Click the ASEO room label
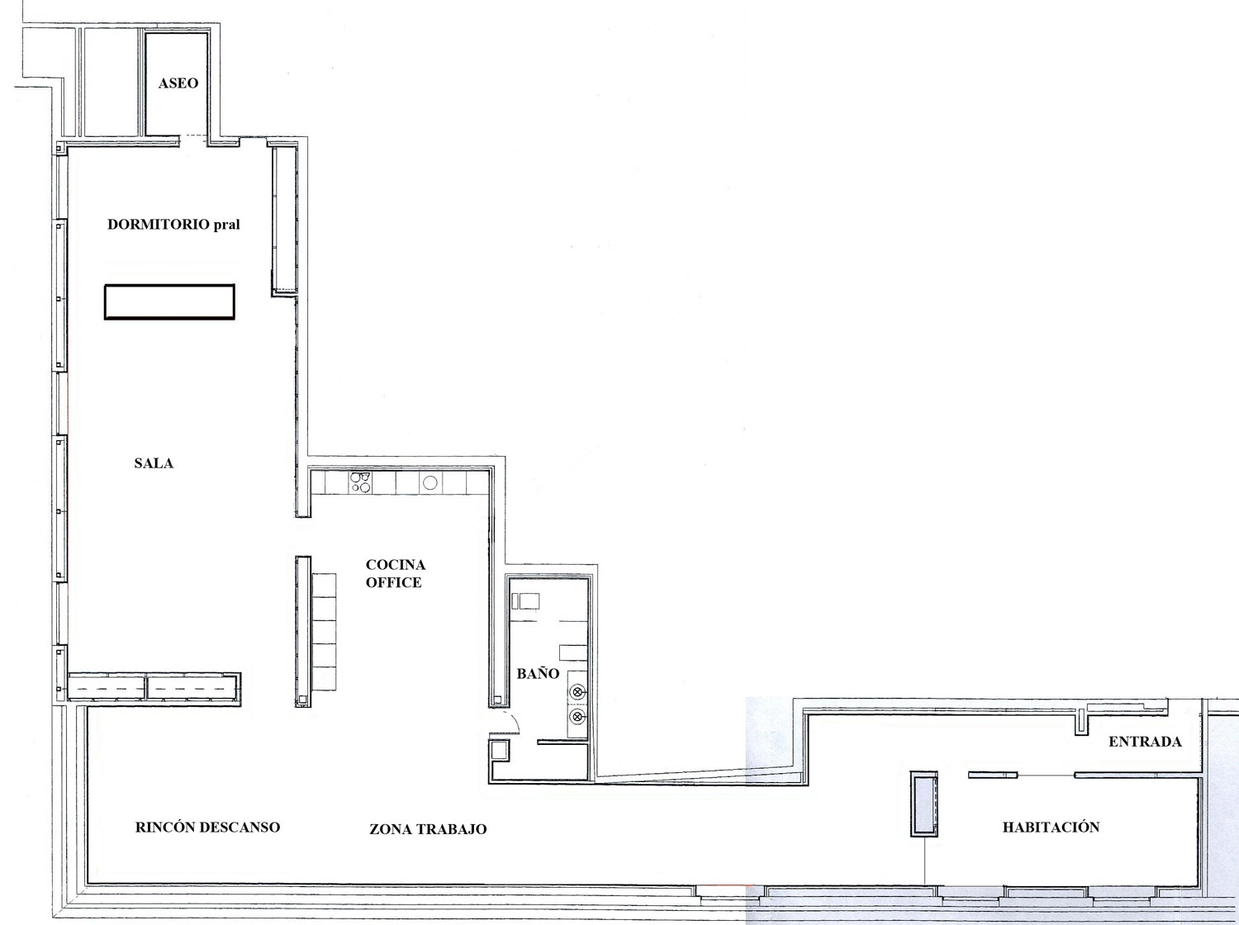click(178, 83)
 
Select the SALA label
click(154, 463)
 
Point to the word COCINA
click(396, 565)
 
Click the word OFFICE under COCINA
click(394, 582)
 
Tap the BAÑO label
click(538, 674)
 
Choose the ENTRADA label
click(1145, 742)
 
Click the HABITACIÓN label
click(1051, 827)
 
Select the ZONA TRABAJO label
click(428, 829)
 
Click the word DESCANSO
click(243, 827)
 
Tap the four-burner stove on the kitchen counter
click(360, 482)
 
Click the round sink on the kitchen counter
click(430, 483)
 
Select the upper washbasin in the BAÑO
click(577, 692)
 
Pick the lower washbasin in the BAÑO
click(577, 717)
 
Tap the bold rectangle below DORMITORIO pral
click(169, 301)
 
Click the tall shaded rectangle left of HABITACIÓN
click(924, 804)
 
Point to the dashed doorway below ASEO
click(192, 137)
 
